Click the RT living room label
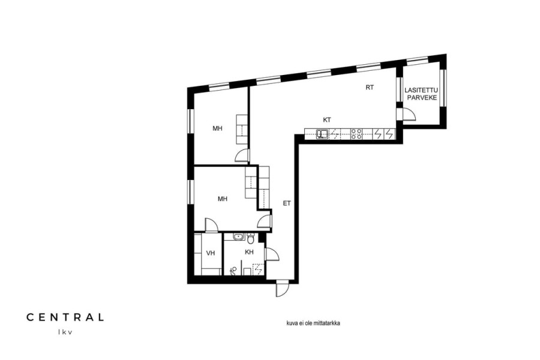pos(370,88)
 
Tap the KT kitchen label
pos(327,120)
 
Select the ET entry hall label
pos(287,203)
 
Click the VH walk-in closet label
pos(211,253)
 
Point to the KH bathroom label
pos(249,252)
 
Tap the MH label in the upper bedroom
pos(217,128)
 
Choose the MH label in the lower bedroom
pos(223,199)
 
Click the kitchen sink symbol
pos(323,134)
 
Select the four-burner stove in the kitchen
pos(356,134)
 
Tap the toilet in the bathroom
pos(250,238)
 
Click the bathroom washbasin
pos(238,236)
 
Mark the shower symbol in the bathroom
pos(258,269)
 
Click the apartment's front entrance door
pos(282,289)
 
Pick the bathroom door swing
pos(272,255)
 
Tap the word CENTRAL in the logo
pos(65,317)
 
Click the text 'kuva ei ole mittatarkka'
pos(313,323)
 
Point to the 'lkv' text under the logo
pos(65,332)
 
